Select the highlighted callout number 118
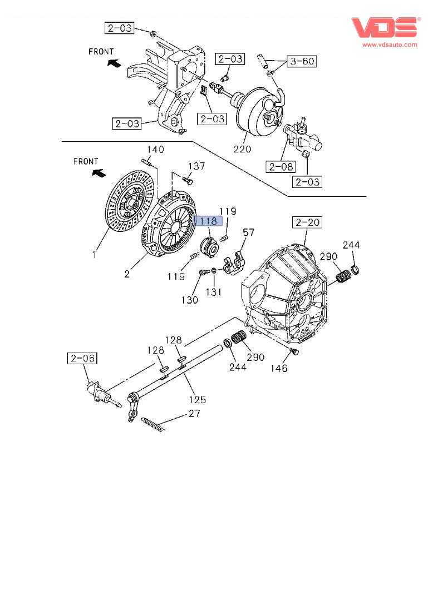click(208, 221)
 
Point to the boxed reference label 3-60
click(301, 61)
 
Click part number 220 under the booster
click(243, 149)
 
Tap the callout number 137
click(196, 166)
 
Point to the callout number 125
click(197, 399)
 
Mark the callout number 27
click(194, 414)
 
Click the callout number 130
click(190, 300)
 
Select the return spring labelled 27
click(151, 424)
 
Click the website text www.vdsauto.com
click(390, 44)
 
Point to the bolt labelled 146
click(295, 352)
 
